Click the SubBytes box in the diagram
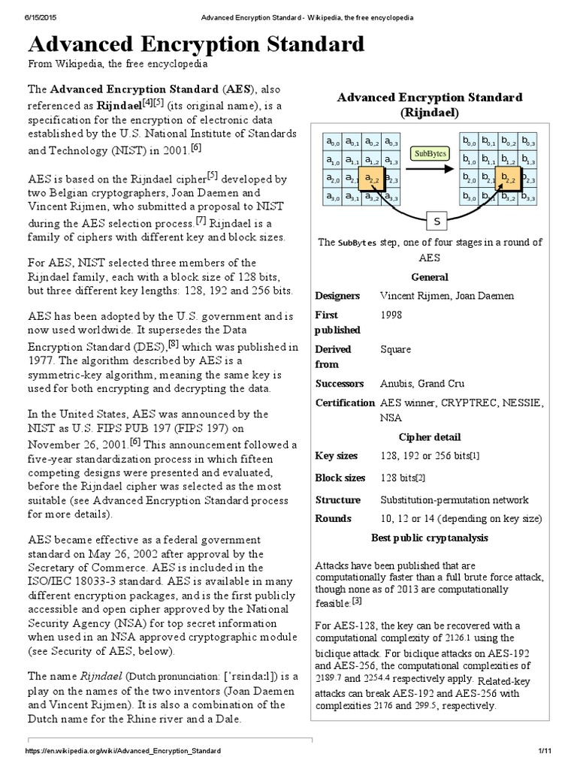click(430, 154)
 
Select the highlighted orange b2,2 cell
click(508, 179)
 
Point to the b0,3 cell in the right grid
click(528, 141)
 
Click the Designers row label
click(337, 296)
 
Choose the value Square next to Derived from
click(397, 349)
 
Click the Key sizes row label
click(337, 456)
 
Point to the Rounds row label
click(334, 518)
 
